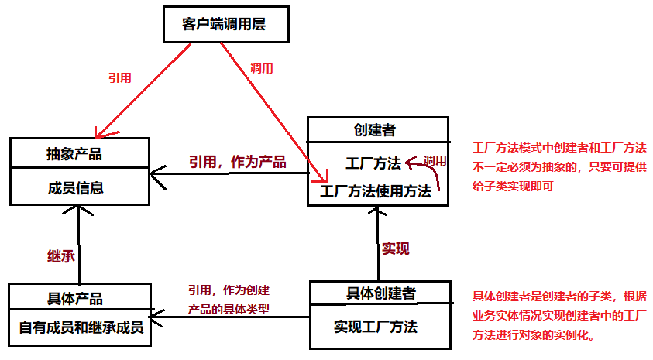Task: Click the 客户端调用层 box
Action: tap(224, 24)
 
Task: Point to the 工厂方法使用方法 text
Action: tap(376, 191)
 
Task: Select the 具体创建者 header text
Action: tap(380, 293)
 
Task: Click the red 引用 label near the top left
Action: tap(119, 77)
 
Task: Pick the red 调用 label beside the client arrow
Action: tap(262, 68)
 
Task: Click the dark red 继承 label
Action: tap(60, 255)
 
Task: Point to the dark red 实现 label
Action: tap(395, 249)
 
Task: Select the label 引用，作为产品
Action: tap(237, 162)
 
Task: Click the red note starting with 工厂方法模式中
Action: tap(559, 166)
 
